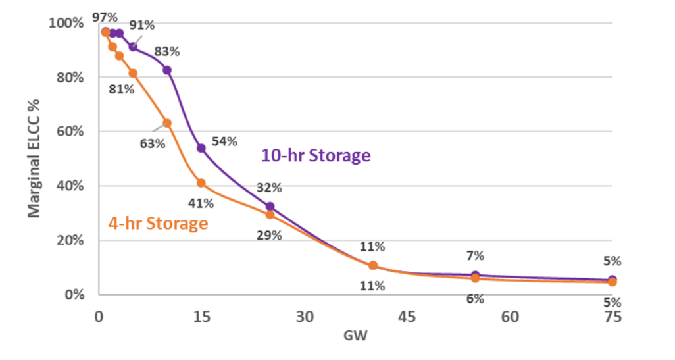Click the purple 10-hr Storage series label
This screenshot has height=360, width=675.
coord(316,156)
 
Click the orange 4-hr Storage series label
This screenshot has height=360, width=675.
coord(158,223)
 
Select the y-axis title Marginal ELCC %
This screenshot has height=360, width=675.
coord(34,159)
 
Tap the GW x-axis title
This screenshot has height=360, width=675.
coord(355,336)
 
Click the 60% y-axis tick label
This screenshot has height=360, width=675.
coord(68,132)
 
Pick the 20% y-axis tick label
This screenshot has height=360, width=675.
coord(68,240)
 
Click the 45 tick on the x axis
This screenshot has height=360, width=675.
coord(407,317)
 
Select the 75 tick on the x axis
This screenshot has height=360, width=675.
coord(612,317)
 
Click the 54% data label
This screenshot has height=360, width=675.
coord(224,141)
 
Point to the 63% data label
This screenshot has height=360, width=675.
coord(152,143)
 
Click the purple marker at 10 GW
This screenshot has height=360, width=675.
coord(167,70)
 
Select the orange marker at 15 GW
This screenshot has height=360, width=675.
coord(201,183)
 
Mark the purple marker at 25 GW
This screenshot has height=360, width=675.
coord(270,207)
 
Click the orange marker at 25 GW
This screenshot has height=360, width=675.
coord(270,215)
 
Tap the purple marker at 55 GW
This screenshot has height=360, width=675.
coord(475,275)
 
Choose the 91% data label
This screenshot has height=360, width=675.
coord(142,25)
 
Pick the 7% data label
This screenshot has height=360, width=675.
coord(476,255)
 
